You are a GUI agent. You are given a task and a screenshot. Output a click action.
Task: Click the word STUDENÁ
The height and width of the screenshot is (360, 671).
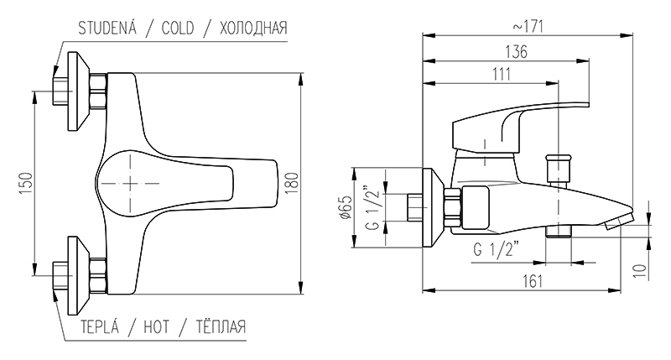click(107, 28)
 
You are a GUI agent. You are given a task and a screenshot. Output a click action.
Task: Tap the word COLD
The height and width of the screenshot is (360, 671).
click(178, 29)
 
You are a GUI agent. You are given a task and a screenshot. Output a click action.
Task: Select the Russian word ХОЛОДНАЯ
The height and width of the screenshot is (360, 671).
click(253, 29)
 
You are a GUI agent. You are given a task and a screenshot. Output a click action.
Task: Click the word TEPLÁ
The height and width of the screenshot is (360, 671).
click(100, 326)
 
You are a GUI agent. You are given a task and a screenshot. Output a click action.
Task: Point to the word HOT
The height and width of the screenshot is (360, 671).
click(156, 327)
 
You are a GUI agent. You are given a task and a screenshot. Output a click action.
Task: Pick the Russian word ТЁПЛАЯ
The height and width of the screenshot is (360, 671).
click(221, 326)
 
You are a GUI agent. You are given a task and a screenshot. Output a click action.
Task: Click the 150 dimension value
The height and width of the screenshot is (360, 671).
click(26, 184)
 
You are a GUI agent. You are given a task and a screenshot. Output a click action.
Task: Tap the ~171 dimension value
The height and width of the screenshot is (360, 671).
click(528, 27)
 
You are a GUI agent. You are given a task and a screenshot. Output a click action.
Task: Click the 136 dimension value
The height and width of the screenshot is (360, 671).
click(517, 52)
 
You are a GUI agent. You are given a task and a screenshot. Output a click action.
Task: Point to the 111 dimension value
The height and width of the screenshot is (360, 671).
click(502, 74)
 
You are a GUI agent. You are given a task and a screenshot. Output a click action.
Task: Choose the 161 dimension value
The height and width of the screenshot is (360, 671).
click(533, 281)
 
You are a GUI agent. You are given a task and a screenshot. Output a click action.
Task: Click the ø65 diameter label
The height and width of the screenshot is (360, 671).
click(346, 207)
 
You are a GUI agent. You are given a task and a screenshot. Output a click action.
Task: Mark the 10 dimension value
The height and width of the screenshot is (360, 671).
click(640, 271)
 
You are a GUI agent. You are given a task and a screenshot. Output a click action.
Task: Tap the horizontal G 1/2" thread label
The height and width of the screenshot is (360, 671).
click(497, 248)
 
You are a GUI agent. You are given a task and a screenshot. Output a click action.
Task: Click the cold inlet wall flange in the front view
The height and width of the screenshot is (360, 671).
click(79, 91)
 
